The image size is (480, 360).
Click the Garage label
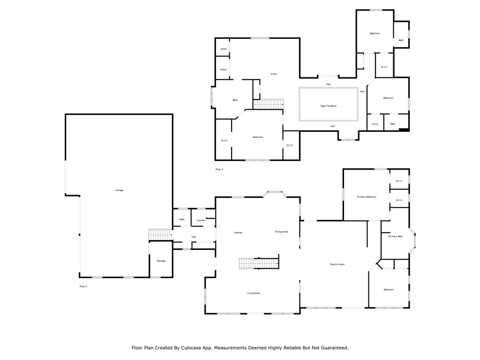119,190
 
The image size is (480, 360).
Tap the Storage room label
161,261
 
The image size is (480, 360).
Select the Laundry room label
202,220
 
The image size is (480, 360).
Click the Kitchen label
238,232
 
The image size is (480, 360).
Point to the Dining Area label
281,232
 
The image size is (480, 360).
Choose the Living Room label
254,293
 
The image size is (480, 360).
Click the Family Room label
337,264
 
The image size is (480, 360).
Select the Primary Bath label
396,236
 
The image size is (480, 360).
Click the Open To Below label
328,106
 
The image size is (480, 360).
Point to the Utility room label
224,49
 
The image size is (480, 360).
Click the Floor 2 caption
219,169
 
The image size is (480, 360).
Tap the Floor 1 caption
83,286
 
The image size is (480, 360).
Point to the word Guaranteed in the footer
330,348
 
